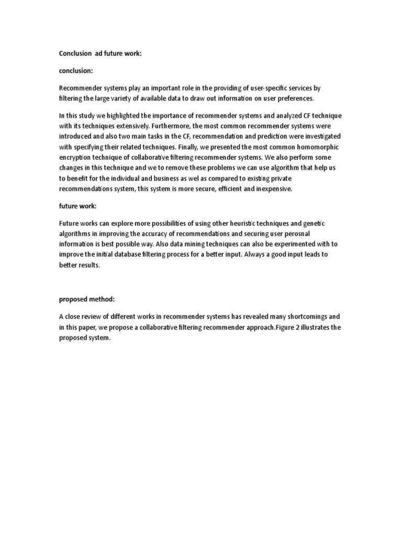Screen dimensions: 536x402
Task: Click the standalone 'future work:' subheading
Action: [77, 206]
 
